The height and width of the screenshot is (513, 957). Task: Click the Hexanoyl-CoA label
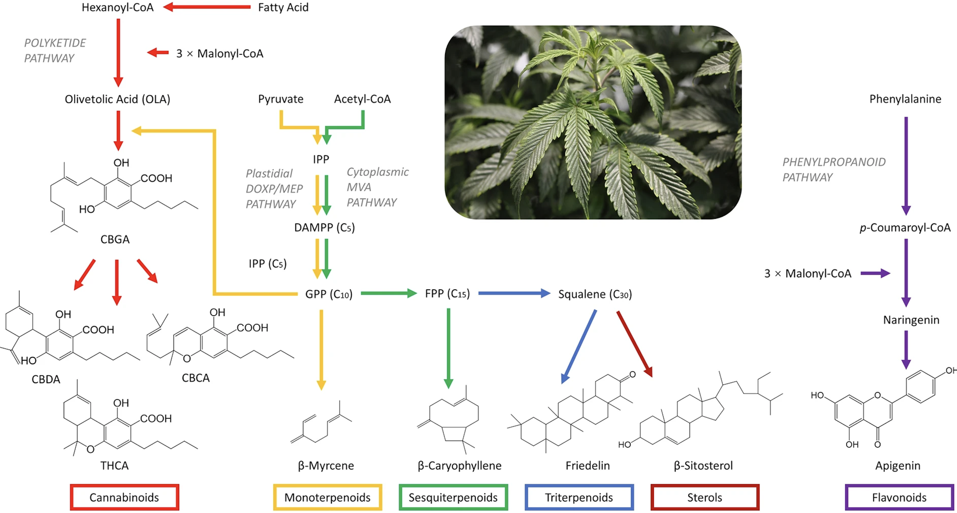[118, 7]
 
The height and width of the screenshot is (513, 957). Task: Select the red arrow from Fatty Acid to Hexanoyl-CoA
[207, 7]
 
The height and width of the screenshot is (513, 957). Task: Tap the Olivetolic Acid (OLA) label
[118, 99]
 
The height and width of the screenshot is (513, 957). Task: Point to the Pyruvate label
[281, 99]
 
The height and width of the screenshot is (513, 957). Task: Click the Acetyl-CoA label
[362, 99]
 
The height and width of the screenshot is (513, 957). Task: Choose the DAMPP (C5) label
[324, 228]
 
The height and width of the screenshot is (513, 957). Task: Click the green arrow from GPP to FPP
[388, 293]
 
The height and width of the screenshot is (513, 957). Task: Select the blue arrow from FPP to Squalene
[514, 293]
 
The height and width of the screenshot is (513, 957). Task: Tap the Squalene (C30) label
[595, 294]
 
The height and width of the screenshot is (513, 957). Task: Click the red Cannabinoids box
[124, 497]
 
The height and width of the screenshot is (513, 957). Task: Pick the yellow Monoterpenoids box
[327, 497]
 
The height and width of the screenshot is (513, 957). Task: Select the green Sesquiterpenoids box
[453, 497]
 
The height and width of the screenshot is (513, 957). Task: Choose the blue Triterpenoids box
[579, 497]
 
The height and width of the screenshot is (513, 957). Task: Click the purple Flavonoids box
[899, 497]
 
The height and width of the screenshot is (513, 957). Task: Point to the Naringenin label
[911, 320]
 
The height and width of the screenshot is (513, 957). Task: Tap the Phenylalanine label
[905, 99]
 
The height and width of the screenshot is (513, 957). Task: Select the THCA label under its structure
[114, 465]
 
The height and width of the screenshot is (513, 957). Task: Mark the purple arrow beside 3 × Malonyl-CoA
[875, 273]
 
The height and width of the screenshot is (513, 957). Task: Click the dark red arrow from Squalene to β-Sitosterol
[634, 343]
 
